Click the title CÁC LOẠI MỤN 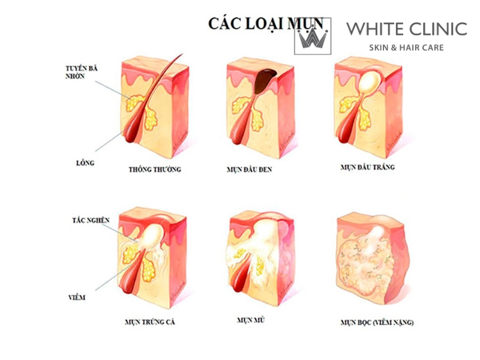pos(266,23)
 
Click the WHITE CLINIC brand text pos(407,29)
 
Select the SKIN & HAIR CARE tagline pos(406,48)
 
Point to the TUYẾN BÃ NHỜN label pos(82,72)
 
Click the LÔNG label pos(85,163)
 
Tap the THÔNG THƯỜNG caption pos(155,169)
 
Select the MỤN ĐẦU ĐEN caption pos(249,169)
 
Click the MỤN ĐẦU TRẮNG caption pos(368,167)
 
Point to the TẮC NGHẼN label pos(91,220)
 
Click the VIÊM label pos(77,297)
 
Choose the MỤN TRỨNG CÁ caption pos(150,322)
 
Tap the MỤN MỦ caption pos(251,320)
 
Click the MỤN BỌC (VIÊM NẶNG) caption pos(377,322)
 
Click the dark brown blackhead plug pos(264,80)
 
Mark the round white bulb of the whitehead pos(369,80)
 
